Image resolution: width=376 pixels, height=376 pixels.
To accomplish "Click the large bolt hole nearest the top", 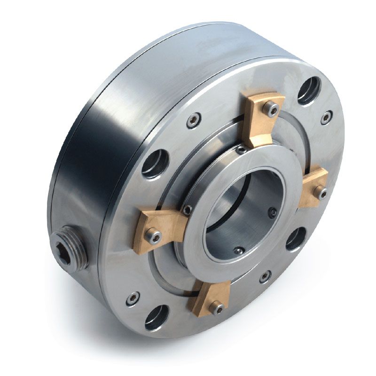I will point(308,91).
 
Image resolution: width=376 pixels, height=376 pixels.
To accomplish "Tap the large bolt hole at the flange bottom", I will point(157,317).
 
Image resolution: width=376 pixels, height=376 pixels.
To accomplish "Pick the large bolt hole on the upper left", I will point(155,164).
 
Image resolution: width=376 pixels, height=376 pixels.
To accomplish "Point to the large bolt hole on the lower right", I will point(295,239).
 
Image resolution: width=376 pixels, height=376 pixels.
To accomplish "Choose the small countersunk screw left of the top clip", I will point(194,120).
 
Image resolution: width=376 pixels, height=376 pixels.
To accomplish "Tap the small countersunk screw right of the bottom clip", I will point(265,276).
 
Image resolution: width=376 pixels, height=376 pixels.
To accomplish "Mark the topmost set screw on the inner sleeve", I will point(241,150).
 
